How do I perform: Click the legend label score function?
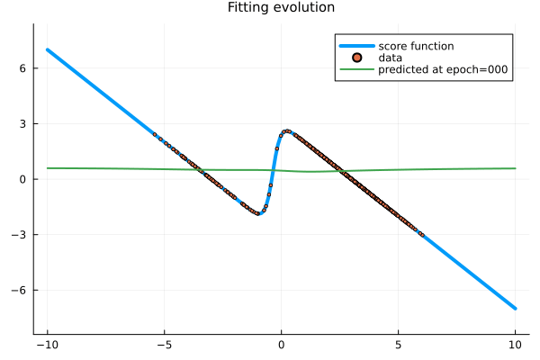point(416,46)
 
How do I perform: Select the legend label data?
point(391,58)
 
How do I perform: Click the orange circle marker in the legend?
point(357,57)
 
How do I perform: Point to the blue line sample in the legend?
point(357,46)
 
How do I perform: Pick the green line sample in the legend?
point(357,69)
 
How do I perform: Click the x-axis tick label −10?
point(47,345)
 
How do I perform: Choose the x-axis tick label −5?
point(164,345)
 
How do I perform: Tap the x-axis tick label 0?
point(282,345)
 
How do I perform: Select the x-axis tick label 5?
point(399,345)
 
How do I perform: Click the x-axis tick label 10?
point(516,345)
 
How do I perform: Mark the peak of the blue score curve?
point(287,130)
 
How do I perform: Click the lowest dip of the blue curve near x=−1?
point(258,213)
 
